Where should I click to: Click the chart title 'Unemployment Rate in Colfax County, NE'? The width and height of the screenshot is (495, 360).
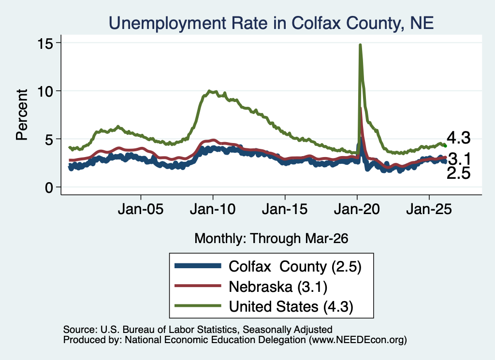pos(271,23)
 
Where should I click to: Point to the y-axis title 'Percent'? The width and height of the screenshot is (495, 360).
pos(22,115)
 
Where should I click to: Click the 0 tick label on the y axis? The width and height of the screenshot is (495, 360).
pos(49,187)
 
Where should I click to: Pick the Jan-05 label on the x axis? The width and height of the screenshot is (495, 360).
pos(141,209)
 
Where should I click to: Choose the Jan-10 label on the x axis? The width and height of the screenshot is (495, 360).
pos(213,209)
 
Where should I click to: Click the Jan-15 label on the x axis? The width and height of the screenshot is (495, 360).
pos(285,209)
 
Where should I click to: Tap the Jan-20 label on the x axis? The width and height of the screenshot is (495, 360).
pos(357,209)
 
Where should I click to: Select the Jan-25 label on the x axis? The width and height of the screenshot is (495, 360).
pos(429,209)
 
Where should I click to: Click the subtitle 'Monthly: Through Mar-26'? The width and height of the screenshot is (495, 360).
pos(271,239)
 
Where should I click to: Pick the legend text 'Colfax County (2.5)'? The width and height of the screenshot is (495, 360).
pos(295,267)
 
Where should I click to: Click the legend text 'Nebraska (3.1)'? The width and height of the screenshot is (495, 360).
pos(278,287)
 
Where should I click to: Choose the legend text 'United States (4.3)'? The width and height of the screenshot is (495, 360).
pos(291,307)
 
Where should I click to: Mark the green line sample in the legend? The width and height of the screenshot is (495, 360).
pos(198,305)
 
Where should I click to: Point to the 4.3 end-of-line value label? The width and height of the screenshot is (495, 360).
pos(458,138)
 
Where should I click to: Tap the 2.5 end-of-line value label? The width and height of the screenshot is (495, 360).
pos(458,173)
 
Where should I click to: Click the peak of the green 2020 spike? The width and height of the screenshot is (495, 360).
pos(360,45)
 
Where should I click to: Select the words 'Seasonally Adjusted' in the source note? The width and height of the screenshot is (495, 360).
pos(287,330)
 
